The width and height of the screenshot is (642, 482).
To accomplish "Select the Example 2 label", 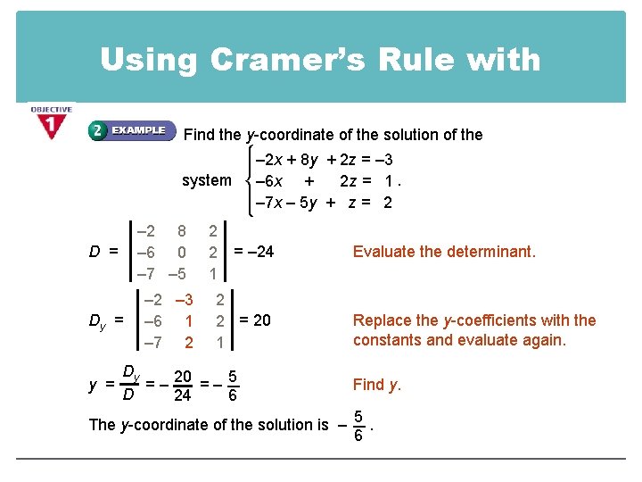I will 128,130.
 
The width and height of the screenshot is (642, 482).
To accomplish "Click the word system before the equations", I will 206,180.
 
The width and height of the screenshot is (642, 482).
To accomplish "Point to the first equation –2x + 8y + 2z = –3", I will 325,160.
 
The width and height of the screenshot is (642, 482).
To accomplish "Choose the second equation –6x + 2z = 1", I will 325,180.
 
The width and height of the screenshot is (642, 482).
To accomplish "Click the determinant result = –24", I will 253,252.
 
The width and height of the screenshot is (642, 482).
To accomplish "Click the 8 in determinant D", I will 182,231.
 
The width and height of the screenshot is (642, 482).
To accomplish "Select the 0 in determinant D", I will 182,253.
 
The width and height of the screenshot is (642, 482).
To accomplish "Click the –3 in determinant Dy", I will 185,300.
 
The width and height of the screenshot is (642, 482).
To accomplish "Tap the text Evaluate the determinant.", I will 444,252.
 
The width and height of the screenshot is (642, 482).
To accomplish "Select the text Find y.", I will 377,385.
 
